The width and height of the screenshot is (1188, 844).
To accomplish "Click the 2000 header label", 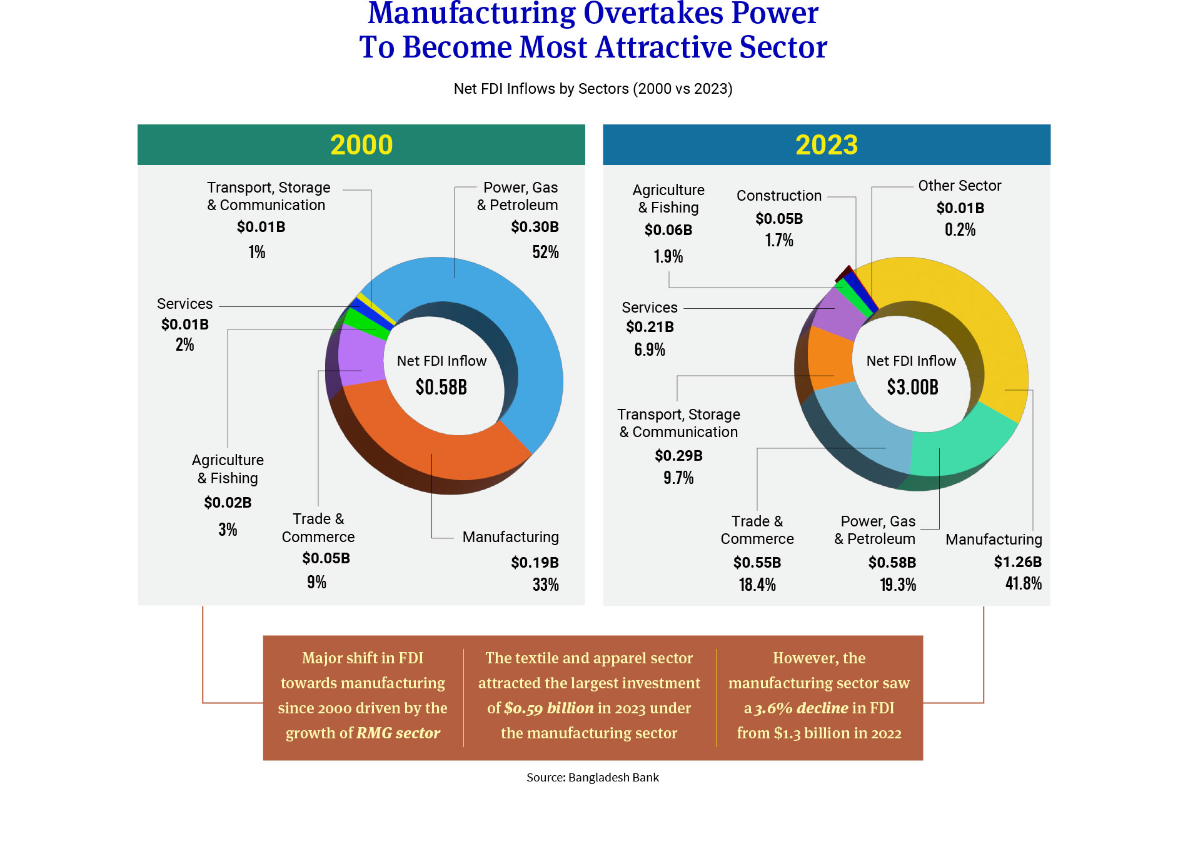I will (x=361, y=145).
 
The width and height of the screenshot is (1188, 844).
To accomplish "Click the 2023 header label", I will (x=826, y=145).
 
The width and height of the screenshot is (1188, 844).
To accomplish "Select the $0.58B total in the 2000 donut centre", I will (x=441, y=388).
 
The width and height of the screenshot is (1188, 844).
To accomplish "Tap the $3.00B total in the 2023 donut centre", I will (x=912, y=388).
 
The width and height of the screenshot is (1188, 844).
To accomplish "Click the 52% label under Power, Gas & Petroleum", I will (x=545, y=253).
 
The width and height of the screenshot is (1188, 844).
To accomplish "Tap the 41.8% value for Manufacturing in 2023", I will (x=1023, y=584).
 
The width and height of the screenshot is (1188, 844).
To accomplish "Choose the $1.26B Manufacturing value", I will (x=1017, y=562).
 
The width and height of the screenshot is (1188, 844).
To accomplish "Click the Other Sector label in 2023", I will (x=959, y=186).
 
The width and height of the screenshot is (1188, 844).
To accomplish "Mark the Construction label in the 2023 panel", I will (x=778, y=196).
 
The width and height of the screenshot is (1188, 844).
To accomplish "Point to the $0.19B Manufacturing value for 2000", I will (x=535, y=563).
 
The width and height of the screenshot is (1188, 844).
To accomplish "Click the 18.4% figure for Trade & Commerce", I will (x=757, y=585).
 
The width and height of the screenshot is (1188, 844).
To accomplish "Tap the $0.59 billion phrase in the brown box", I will (x=548, y=708).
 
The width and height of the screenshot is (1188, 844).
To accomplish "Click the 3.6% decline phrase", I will (x=801, y=708).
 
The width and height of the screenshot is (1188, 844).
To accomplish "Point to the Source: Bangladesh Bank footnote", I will (x=592, y=777).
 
